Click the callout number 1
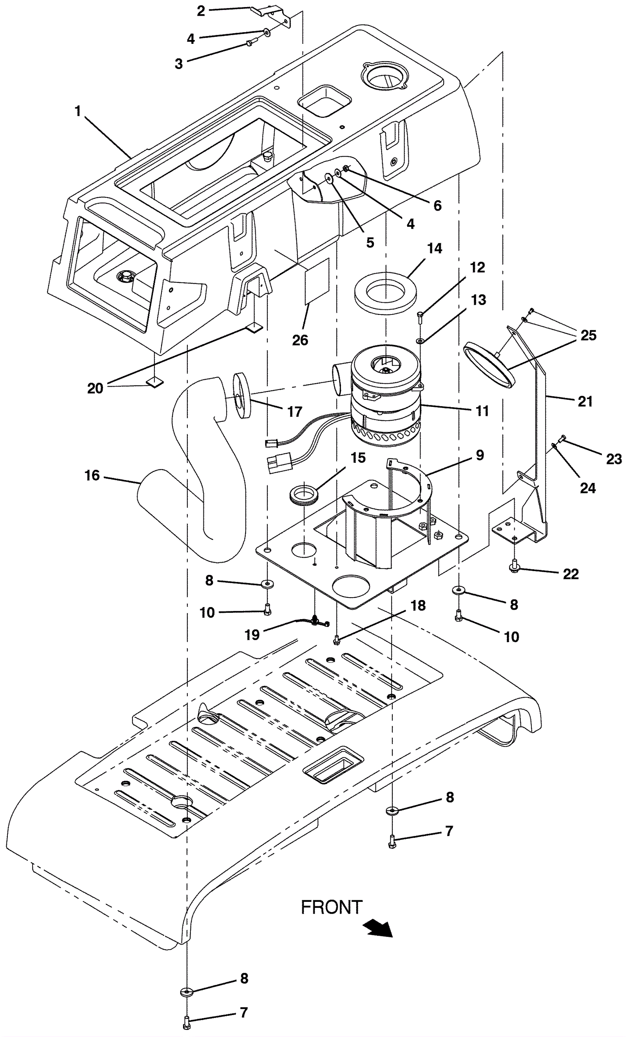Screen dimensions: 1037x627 (78, 111)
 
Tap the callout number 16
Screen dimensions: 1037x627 (92, 475)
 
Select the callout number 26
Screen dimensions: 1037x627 (300, 340)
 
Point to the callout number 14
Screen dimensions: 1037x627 (435, 248)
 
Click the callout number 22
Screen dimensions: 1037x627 (571, 574)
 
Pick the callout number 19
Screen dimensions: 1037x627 (252, 635)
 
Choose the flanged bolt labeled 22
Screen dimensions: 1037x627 (514, 567)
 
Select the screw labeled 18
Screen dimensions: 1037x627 (336, 640)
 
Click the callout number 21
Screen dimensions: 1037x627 (585, 401)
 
